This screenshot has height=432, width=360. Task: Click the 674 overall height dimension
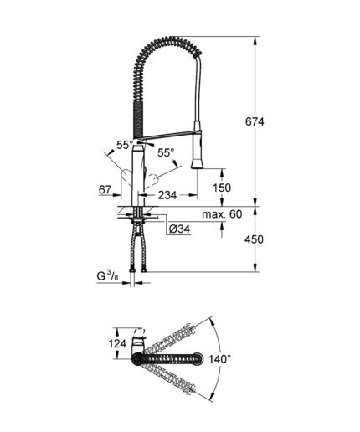pos(265,121)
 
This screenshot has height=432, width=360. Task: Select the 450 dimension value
pos(265,240)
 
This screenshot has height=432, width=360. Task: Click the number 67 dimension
pos(105,191)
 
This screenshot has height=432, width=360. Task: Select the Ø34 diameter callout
pos(177,229)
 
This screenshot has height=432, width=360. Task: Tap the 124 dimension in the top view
pos(116,343)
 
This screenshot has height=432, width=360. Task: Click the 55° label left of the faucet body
pos(125,145)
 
